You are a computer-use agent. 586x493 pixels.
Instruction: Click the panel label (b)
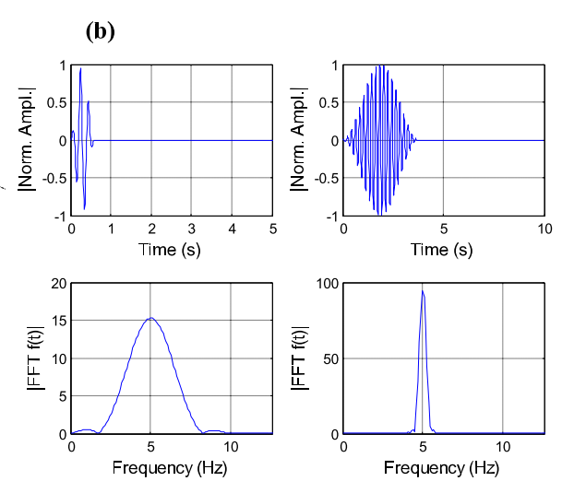click(100, 30)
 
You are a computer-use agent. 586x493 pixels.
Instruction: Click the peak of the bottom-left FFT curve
click(150, 318)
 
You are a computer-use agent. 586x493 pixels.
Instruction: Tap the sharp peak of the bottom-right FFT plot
click(423, 291)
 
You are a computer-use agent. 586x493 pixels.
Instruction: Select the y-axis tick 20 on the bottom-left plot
click(57, 284)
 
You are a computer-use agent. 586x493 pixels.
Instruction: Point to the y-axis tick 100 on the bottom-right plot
click(325, 284)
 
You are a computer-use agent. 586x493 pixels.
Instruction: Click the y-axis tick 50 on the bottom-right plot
click(329, 358)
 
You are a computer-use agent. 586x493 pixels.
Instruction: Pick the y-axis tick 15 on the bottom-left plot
click(57, 322)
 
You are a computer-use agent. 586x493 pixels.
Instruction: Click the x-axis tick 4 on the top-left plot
click(232, 228)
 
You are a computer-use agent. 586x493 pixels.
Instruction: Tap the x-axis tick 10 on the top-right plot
click(544, 228)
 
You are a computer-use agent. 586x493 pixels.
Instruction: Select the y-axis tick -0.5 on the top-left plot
click(52, 178)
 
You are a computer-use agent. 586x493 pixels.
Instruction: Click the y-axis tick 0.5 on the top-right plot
click(328, 103)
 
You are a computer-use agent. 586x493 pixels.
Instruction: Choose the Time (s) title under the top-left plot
click(171, 248)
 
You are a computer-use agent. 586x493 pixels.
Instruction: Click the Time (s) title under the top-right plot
click(443, 248)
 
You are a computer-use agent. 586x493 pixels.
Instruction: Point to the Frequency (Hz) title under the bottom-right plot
click(443, 467)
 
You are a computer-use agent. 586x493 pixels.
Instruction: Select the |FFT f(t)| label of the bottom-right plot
click(302, 358)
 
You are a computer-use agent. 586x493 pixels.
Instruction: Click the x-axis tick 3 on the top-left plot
click(192, 228)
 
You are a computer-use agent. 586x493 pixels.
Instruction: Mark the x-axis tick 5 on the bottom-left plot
click(151, 447)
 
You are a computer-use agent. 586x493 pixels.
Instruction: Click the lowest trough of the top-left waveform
click(84, 209)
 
